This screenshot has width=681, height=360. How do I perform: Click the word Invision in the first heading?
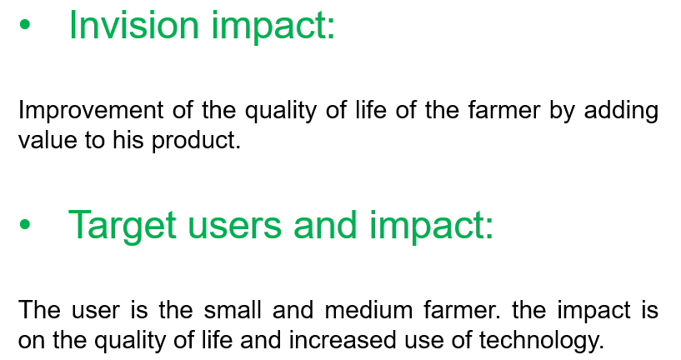point(133,25)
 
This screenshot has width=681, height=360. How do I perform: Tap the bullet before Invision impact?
point(25,25)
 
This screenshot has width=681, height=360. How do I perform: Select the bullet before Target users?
point(25,224)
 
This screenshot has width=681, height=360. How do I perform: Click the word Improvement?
point(91,110)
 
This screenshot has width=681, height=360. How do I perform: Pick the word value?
point(48,140)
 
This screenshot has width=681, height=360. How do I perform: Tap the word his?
point(128,140)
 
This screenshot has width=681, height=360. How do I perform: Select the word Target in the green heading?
point(122,226)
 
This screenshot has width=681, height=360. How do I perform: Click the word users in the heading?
point(234,225)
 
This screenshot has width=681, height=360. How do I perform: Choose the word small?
point(233,310)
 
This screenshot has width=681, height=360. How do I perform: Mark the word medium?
point(368,310)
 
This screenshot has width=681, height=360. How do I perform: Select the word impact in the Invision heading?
point(273,26)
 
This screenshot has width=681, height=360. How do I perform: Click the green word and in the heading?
point(325,224)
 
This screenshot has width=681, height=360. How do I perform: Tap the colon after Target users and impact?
point(489,227)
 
